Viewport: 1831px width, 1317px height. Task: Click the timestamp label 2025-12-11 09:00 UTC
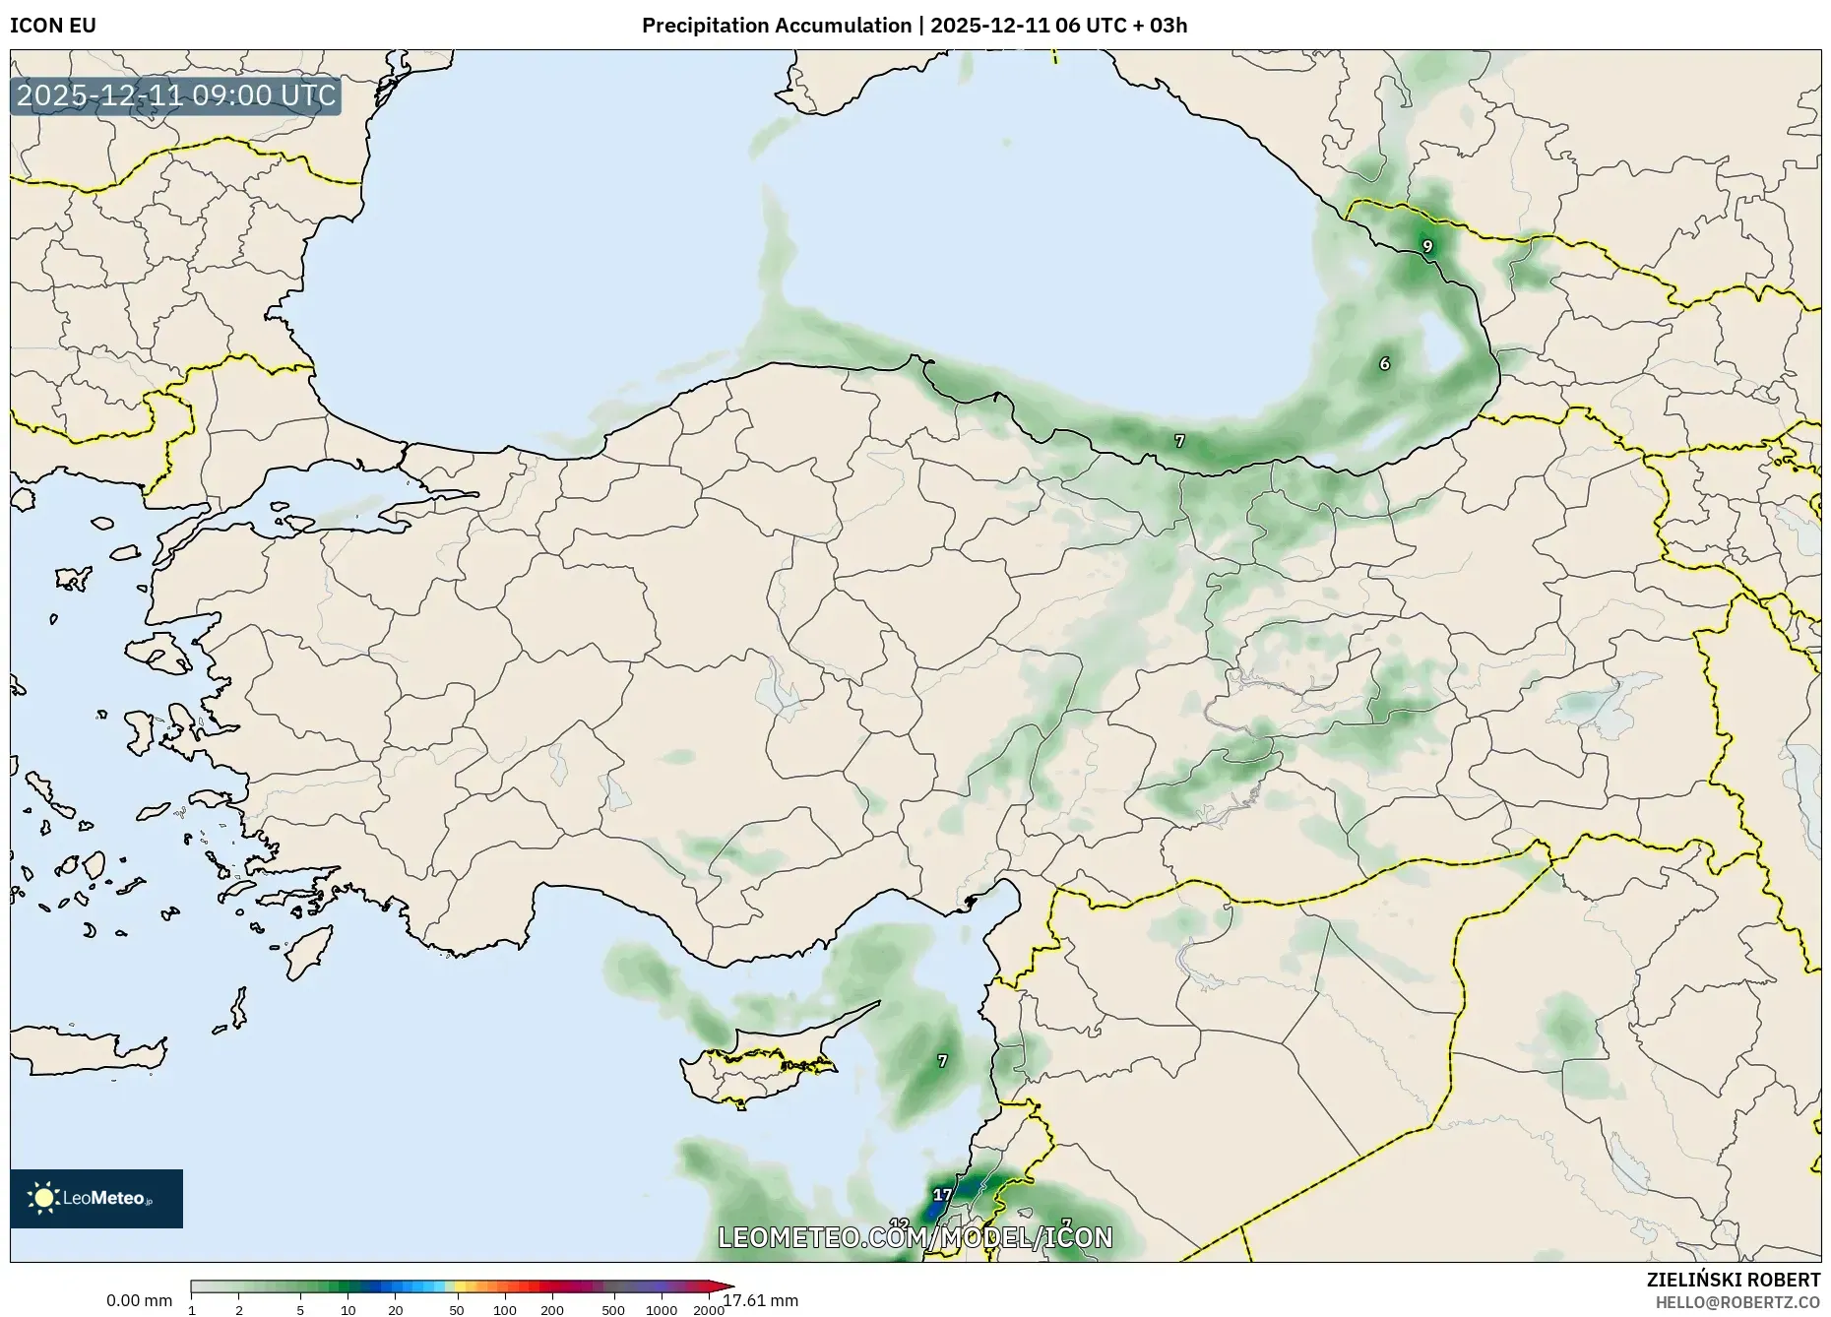point(176,96)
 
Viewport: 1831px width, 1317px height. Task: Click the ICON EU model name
point(53,26)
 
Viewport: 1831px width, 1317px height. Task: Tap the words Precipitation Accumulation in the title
point(776,26)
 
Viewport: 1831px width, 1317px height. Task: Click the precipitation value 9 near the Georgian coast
point(1427,246)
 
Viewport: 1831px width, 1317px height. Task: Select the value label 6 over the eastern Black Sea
point(1384,364)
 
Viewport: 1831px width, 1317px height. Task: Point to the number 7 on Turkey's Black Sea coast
point(1179,441)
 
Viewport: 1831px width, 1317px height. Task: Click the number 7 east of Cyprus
point(942,1061)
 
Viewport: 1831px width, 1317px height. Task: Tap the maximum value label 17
point(942,1195)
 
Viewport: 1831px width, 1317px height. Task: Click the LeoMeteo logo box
point(96,1198)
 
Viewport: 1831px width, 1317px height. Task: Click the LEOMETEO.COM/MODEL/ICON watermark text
point(915,1237)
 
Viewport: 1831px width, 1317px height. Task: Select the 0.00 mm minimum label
point(139,1300)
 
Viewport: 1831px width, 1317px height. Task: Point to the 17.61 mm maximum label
point(761,1300)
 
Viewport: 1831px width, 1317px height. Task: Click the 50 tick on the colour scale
point(456,1310)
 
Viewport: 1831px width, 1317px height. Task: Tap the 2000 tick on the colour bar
point(709,1310)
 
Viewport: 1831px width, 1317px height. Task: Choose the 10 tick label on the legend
point(347,1310)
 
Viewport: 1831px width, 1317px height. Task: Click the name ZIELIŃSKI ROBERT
point(1733,1280)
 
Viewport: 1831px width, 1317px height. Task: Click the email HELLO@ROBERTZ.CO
point(1737,1302)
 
